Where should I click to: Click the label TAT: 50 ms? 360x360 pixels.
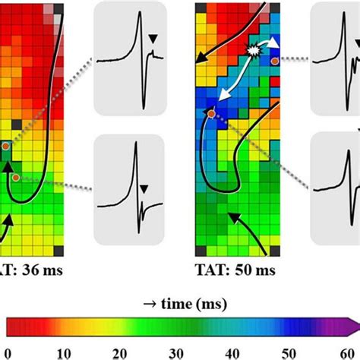click(x=231, y=270)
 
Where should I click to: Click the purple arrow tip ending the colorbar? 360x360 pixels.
click(x=354, y=327)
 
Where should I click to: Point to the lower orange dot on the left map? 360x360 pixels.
click(x=15, y=178)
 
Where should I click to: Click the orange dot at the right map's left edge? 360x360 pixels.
click(x=211, y=113)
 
